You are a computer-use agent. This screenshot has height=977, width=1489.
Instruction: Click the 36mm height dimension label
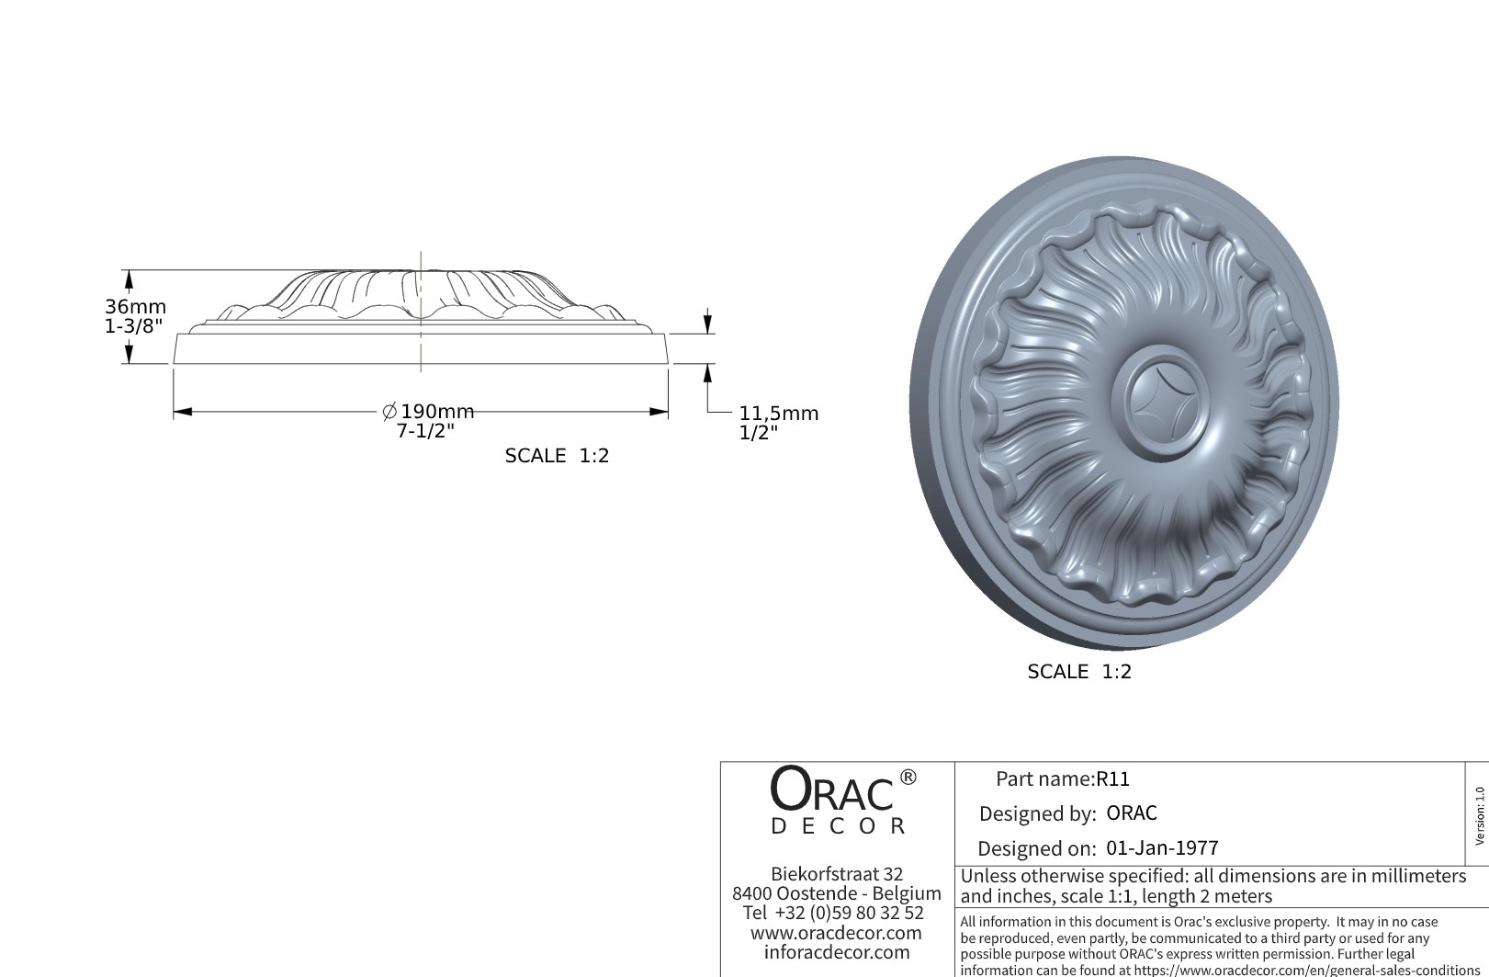pyautogui.click(x=135, y=307)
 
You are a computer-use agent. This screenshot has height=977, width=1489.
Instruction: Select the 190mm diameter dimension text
pyautogui.click(x=436, y=412)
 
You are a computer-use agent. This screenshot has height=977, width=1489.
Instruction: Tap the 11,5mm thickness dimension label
pyautogui.click(x=778, y=414)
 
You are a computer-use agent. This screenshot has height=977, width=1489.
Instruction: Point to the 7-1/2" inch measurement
pyautogui.click(x=425, y=431)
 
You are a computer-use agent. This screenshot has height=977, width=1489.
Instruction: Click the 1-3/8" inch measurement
pyautogui.click(x=133, y=325)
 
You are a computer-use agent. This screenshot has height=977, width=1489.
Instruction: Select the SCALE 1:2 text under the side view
pyautogui.click(x=557, y=456)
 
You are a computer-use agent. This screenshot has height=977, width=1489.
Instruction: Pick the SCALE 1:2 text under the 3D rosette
pyautogui.click(x=1079, y=672)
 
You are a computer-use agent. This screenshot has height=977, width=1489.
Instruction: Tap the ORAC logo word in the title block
pyautogui.click(x=830, y=790)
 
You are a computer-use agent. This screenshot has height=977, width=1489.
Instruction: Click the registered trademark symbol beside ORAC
pyautogui.click(x=908, y=778)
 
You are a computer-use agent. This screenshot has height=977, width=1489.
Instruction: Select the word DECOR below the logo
pyautogui.click(x=838, y=826)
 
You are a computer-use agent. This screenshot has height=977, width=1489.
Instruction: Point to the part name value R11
pyautogui.click(x=1113, y=779)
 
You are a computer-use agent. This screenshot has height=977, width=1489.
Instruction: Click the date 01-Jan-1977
pyautogui.click(x=1162, y=848)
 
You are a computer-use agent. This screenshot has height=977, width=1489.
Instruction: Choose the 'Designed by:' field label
pyautogui.click(x=1037, y=813)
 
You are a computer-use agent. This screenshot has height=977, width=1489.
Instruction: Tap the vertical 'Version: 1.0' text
pyautogui.click(x=1479, y=815)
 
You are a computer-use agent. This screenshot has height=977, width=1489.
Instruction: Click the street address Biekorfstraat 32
pyautogui.click(x=837, y=874)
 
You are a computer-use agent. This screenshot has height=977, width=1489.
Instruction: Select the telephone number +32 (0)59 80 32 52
pyautogui.click(x=849, y=913)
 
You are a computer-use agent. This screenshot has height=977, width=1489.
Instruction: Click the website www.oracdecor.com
pyautogui.click(x=836, y=933)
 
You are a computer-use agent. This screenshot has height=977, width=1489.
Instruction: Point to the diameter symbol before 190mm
pyautogui.click(x=389, y=412)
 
